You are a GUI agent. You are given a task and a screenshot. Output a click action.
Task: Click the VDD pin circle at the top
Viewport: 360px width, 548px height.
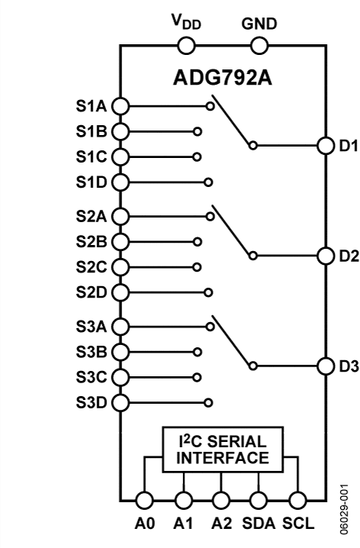[186, 46]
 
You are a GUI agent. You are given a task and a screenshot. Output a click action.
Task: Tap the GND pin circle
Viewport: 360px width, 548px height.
[259, 46]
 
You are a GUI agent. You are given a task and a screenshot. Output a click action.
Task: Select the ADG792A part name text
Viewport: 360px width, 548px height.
[223, 78]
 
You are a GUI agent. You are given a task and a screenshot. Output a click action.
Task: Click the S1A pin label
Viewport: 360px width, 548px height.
[91, 106]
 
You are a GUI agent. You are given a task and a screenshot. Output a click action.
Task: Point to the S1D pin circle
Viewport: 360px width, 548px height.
[121, 182]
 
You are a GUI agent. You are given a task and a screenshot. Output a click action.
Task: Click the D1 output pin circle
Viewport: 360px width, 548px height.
[326, 145]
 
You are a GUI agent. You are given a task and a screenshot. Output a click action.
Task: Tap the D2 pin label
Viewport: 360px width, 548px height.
[349, 256]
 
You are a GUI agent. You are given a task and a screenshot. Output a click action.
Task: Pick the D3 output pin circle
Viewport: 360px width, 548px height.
[326, 366]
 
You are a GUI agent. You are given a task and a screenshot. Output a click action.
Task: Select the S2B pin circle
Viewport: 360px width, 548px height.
[121, 242]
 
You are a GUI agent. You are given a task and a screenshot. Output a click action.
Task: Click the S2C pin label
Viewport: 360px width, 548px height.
[91, 267]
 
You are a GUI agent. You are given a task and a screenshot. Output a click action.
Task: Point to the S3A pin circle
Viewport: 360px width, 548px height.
[121, 327]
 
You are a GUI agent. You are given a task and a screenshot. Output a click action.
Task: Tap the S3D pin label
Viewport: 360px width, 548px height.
[91, 403]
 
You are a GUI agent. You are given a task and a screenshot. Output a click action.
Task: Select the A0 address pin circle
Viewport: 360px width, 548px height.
[144, 501]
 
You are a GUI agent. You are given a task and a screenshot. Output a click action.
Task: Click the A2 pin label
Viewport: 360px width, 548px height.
[221, 524]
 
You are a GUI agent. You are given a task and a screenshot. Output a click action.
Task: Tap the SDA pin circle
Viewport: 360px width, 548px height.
[259, 501]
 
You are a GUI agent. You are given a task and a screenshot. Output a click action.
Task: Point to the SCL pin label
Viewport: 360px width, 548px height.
[298, 524]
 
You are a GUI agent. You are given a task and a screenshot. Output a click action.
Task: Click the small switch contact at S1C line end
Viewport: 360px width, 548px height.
[197, 157]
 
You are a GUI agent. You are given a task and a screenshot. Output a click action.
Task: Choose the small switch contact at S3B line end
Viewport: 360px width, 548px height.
[198, 353]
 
